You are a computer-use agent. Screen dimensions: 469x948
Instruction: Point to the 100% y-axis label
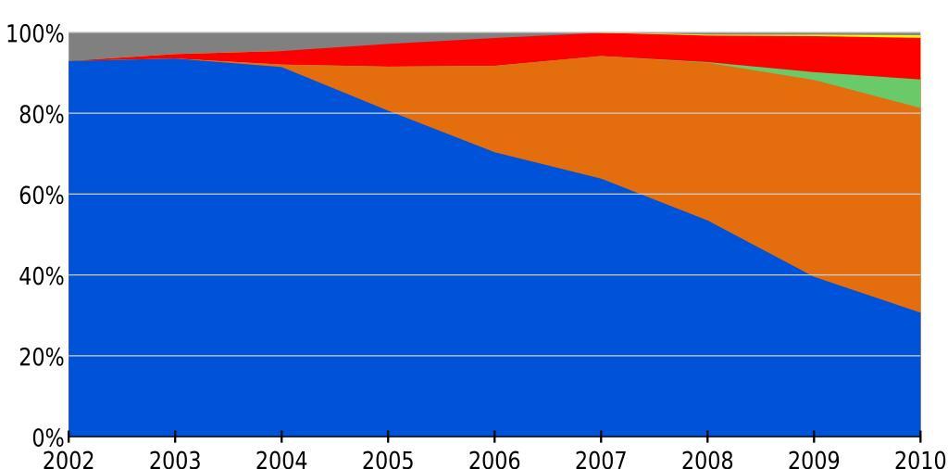(x=35, y=35)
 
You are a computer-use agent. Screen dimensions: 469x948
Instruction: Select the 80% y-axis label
(x=41, y=115)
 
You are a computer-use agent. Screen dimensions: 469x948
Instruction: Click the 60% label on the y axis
(x=41, y=196)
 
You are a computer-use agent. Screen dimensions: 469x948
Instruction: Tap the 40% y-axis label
(x=41, y=276)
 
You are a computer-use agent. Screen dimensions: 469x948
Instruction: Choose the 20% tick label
(x=41, y=357)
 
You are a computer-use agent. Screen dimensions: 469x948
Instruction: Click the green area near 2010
(x=907, y=93)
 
